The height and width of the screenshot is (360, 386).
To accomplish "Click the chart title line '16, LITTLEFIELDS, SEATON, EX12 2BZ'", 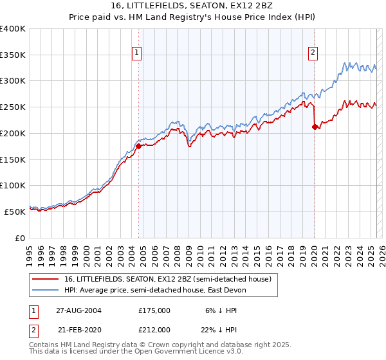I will tap(193, 6).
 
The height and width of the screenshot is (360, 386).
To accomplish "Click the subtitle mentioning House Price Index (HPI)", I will tap(193, 17).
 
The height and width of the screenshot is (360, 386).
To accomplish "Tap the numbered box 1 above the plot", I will tap(138, 53).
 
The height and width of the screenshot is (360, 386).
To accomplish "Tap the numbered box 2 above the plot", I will tap(313, 53).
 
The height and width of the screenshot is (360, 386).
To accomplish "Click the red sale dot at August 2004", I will tap(138, 146).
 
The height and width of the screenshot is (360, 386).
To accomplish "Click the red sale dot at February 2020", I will tap(315, 127).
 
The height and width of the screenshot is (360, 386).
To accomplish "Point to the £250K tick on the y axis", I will tap(13, 107).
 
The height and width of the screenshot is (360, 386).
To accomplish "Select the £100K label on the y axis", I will tap(13, 185).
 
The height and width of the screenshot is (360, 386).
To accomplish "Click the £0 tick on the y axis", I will tap(19, 238).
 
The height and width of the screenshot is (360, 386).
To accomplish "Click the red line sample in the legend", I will tap(45, 279).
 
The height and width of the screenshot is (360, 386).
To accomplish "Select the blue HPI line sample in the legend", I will tap(45, 290).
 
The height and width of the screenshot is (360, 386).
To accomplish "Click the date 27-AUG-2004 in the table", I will tap(78, 310).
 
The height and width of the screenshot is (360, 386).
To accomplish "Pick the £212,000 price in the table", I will tap(154, 329).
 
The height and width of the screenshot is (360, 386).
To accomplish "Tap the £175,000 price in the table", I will tap(154, 310).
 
